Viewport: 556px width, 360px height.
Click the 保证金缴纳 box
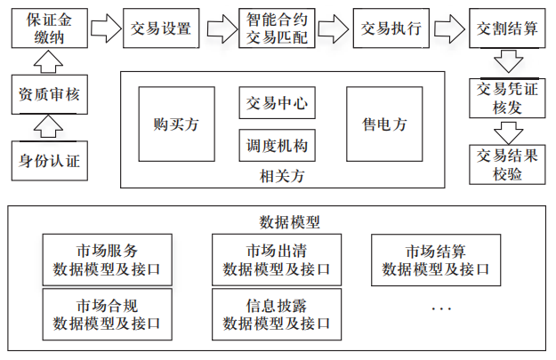(x=49, y=27)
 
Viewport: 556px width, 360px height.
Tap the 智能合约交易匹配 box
(x=277, y=27)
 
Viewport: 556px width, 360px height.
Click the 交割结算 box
(x=505, y=27)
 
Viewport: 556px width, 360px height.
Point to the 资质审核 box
(x=49, y=96)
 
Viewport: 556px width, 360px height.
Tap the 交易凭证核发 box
(x=505, y=98)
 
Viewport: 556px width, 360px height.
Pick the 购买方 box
(x=176, y=124)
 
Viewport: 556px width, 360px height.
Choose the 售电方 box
(x=384, y=124)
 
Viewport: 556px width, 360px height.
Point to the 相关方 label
(x=278, y=175)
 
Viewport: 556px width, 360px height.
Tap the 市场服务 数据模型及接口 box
(x=107, y=258)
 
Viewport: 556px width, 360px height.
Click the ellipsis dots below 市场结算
(x=441, y=308)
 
